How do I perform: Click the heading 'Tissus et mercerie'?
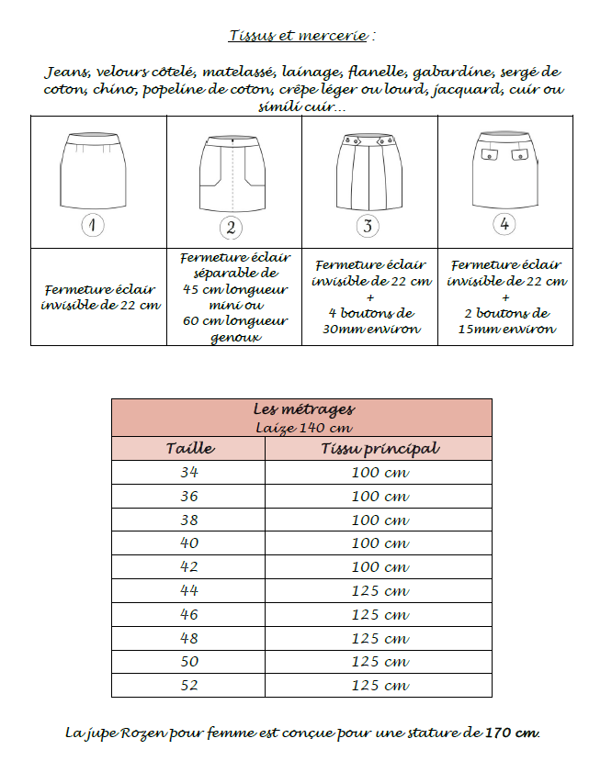pos(301,37)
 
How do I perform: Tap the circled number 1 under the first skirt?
pos(94,225)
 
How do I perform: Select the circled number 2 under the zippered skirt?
pos(231,227)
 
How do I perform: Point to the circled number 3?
pos(368,226)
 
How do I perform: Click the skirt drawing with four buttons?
pos(368,172)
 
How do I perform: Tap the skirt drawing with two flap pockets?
pos(504,169)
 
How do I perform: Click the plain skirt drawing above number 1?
pos(94,170)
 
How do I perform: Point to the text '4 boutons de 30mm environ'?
pos(370,320)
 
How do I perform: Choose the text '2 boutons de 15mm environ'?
pos(505,320)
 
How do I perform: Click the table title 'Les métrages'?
pos(302,409)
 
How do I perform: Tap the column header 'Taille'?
pos(189,449)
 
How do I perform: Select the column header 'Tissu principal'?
pos(379,449)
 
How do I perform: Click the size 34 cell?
pos(188,473)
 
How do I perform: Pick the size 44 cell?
pos(188,591)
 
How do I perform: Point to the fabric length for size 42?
pos(379,567)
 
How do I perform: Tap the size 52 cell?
pos(188,686)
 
